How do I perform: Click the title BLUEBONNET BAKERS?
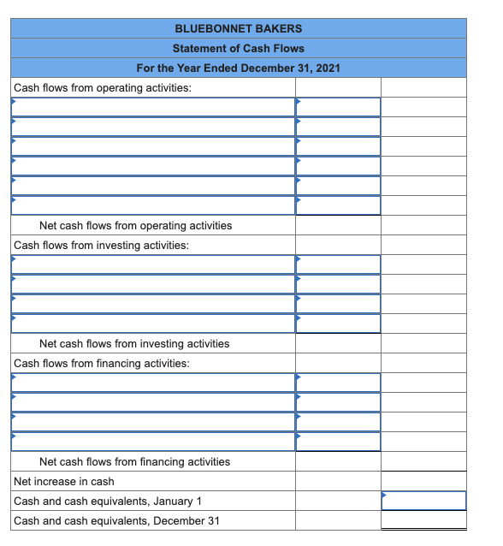[x=238, y=28]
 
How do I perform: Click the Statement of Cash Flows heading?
[x=238, y=48]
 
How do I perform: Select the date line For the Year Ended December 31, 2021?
[x=238, y=68]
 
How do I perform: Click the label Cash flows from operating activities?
[x=103, y=87]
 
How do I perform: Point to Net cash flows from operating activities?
[x=135, y=225]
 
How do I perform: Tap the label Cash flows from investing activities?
[x=101, y=245]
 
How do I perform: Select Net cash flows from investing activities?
[x=134, y=343]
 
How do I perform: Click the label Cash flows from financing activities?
[x=102, y=363]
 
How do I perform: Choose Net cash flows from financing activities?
[x=134, y=461]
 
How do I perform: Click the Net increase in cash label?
[x=64, y=481]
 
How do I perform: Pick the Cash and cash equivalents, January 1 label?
[x=108, y=501]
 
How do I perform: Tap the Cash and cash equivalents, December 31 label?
[x=116, y=520]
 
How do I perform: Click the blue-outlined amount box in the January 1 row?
[x=423, y=501]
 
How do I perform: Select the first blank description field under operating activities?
[x=153, y=107]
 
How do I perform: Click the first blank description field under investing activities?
[x=153, y=264]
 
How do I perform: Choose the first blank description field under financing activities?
[x=153, y=383]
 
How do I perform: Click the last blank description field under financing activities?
[x=153, y=442]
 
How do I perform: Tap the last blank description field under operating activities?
[x=153, y=205]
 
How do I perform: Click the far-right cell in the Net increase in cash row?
[x=423, y=481]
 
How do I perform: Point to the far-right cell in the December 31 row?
[x=423, y=520]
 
